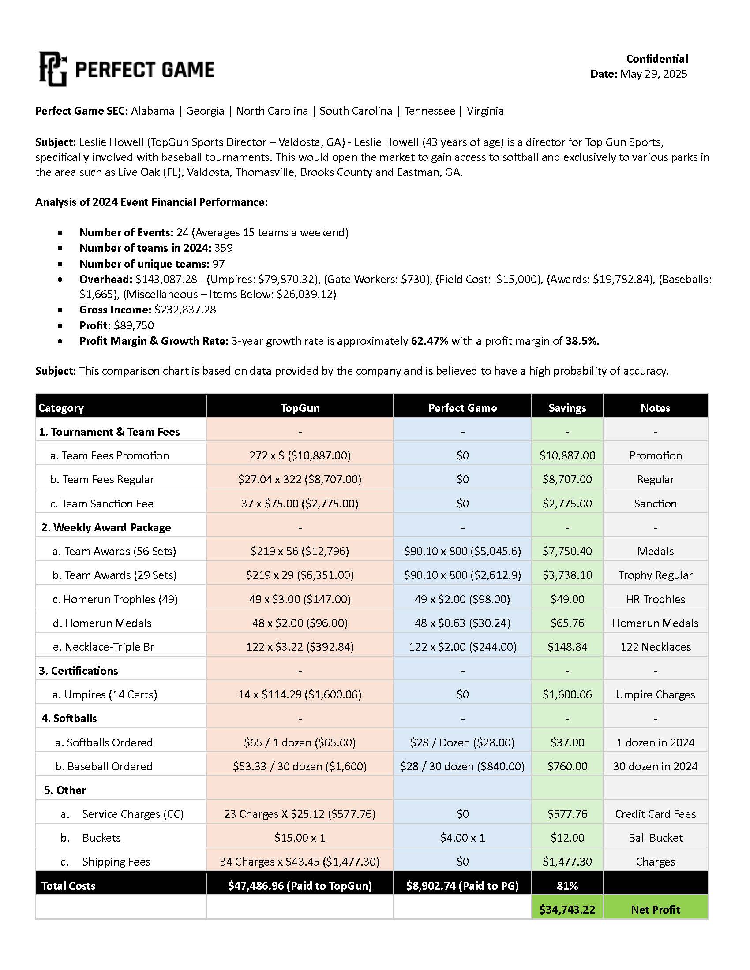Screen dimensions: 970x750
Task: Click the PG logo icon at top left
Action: click(x=53, y=69)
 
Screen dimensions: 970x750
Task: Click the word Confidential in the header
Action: click(x=657, y=59)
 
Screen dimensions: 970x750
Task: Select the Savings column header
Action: click(x=567, y=408)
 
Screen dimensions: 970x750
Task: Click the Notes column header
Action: click(x=655, y=408)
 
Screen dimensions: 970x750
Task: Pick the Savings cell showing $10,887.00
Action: click(x=567, y=455)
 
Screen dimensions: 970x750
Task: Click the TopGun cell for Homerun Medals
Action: click(x=300, y=623)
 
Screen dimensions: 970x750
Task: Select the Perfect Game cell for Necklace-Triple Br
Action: click(x=462, y=647)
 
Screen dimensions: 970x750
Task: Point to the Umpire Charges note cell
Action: click(x=655, y=694)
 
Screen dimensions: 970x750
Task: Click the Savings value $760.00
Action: click(x=567, y=766)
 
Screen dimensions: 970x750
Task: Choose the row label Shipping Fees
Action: click(x=116, y=862)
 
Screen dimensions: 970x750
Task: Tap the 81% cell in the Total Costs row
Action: click(x=567, y=886)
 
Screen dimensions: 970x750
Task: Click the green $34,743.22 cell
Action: click(x=567, y=910)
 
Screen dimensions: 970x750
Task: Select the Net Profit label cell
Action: click(x=655, y=910)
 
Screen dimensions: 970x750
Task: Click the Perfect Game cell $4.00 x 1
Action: click(x=462, y=838)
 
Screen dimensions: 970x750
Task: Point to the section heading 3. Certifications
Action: click(x=78, y=671)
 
